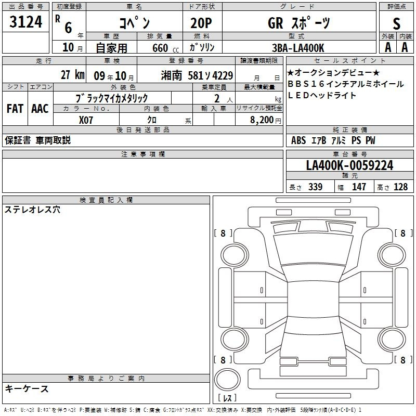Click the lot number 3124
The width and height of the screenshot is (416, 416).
[x=25, y=22]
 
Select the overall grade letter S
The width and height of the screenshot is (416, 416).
[x=396, y=24]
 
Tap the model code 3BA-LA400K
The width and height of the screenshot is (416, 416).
[x=298, y=48]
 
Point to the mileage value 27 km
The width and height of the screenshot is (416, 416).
[x=73, y=75]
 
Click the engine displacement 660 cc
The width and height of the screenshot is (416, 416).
[x=165, y=48]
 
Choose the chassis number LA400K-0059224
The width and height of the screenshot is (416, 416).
[x=349, y=165]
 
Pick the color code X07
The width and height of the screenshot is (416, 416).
[x=86, y=120]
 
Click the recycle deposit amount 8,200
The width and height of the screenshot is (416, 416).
[x=262, y=120]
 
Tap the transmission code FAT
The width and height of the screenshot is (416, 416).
[x=15, y=109]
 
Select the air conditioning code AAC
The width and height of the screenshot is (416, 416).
[x=40, y=109]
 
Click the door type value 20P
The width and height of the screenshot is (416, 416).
[x=201, y=23]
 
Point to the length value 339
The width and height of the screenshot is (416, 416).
[x=316, y=187]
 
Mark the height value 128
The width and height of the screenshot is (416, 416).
[x=400, y=187]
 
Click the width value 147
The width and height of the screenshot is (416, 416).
[x=359, y=187]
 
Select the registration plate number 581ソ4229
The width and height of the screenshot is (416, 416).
[x=211, y=76]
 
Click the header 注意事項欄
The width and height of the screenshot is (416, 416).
[x=143, y=154]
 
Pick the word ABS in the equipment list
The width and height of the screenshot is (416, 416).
[x=298, y=140]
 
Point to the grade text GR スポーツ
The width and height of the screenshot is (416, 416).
[x=299, y=23]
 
